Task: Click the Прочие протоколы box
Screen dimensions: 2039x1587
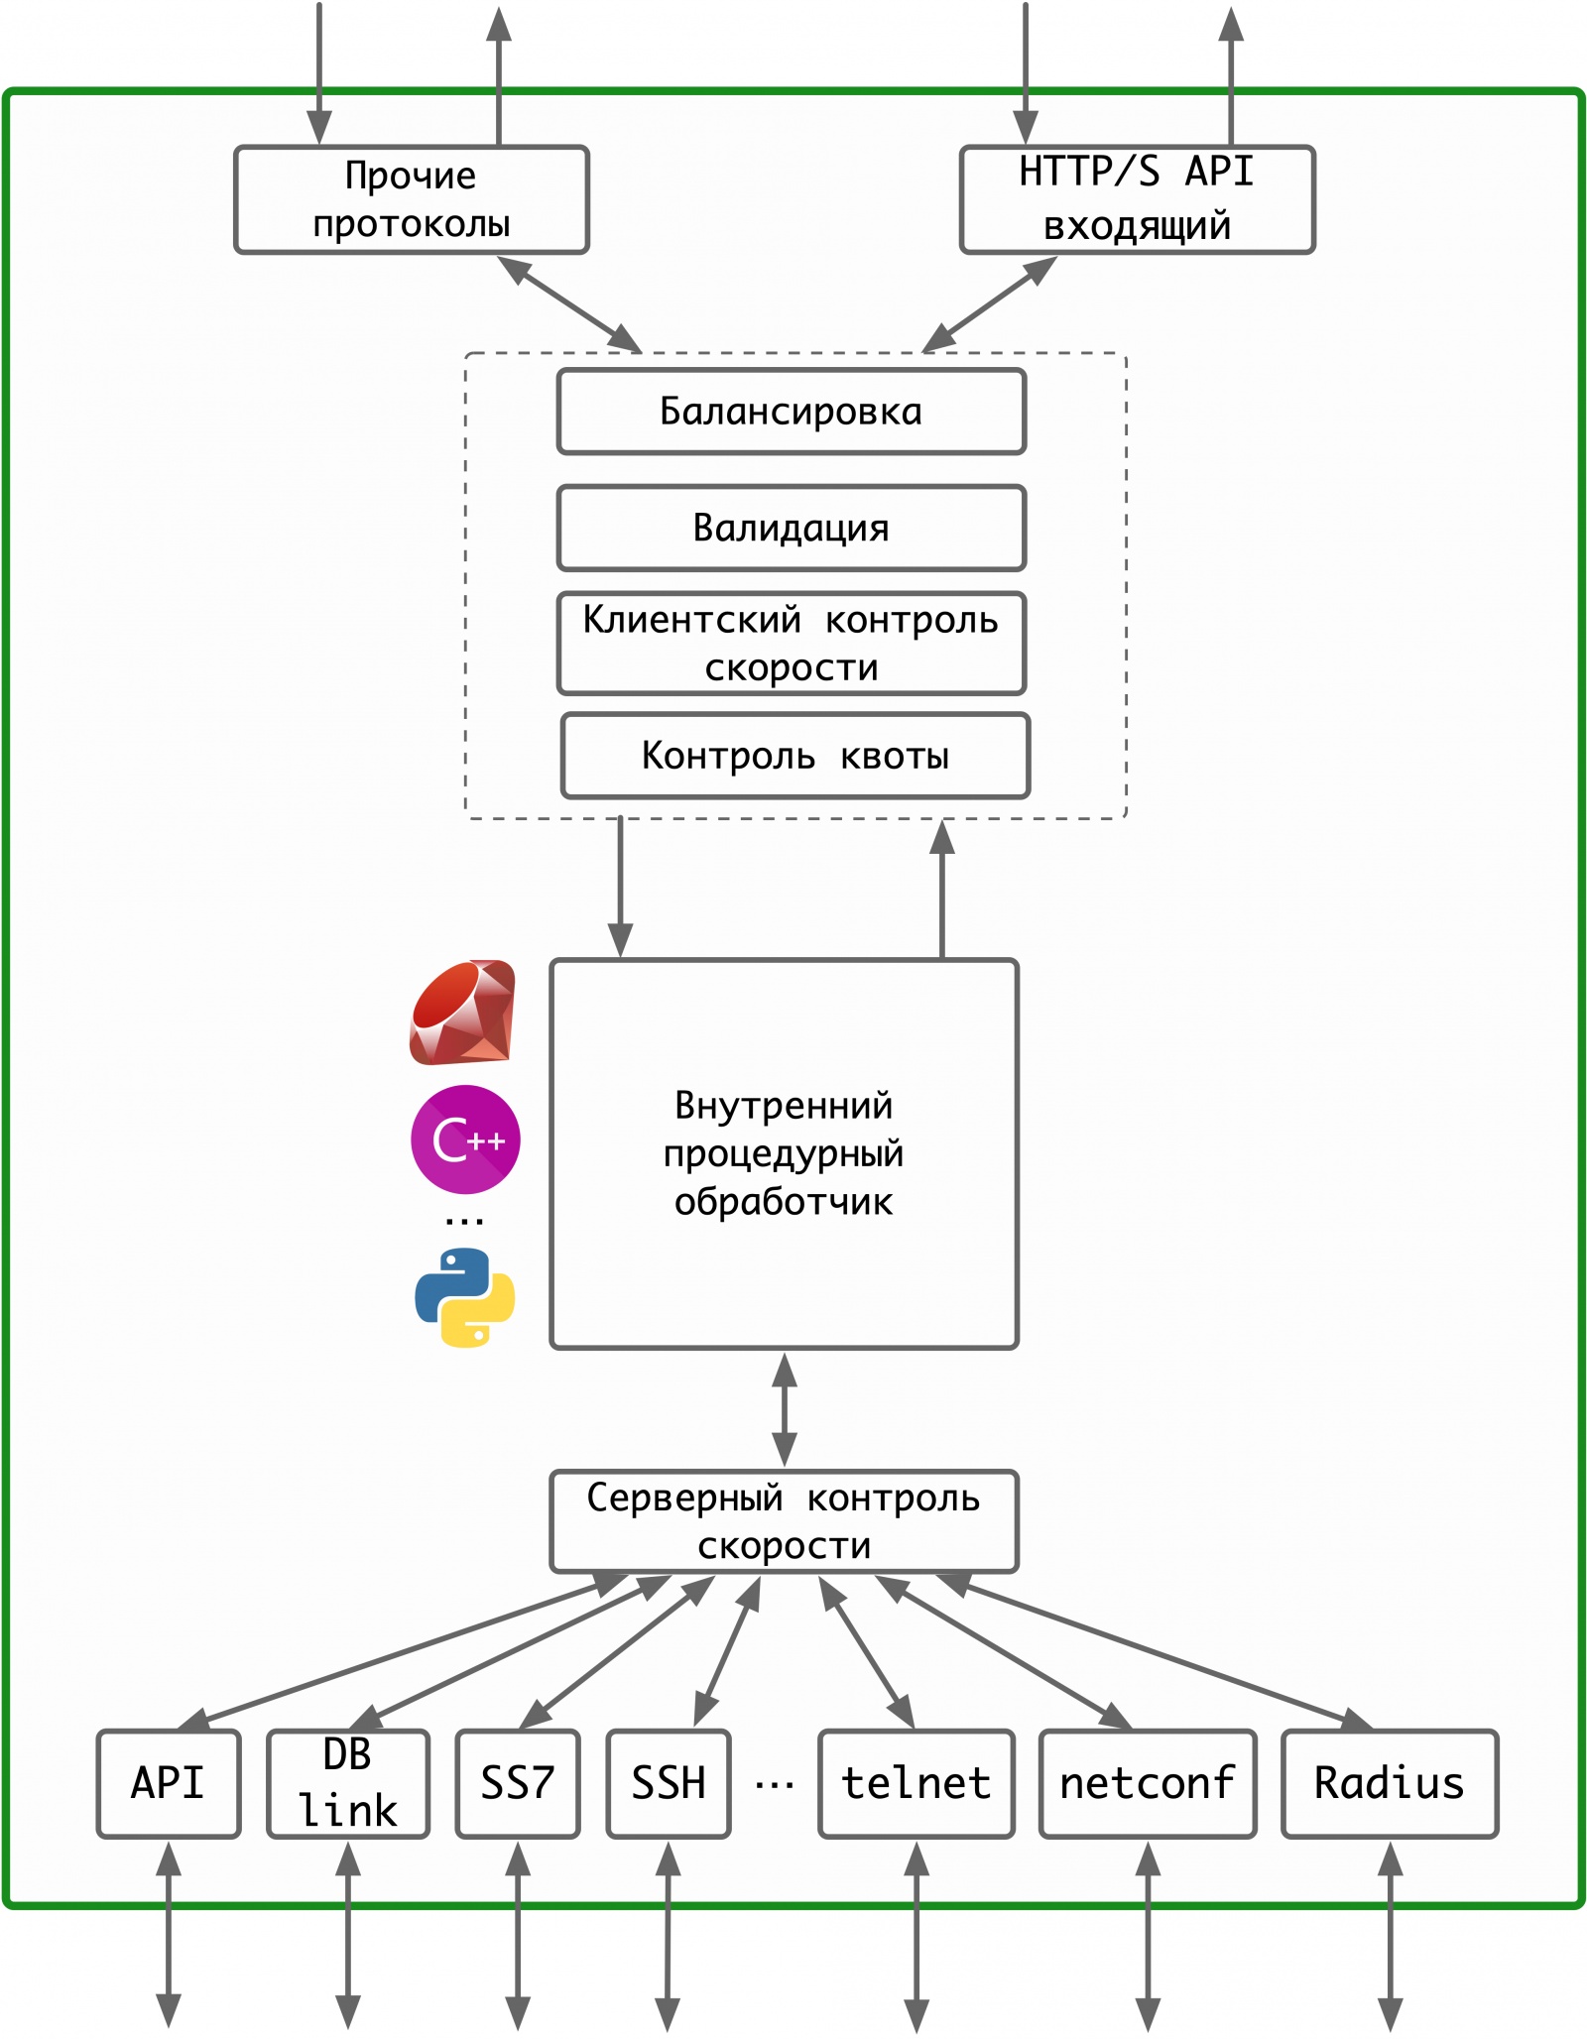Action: (411, 199)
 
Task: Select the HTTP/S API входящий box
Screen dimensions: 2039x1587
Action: (1137, 199)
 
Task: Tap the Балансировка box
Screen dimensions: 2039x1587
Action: (791, 412)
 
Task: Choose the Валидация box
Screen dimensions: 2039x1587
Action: (791, 528)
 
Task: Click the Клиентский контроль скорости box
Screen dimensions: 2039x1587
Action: (791, 644)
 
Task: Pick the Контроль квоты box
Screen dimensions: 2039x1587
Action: (794, 756)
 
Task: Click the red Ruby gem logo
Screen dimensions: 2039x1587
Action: (463, 1013)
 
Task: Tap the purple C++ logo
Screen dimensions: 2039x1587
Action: (465, 1139)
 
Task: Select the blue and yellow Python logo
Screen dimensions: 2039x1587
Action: (465, 1297)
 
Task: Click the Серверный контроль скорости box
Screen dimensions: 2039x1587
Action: (784, 1521)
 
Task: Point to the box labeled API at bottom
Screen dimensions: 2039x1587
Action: (169, 1783)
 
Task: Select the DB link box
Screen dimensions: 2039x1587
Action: (348, 1783)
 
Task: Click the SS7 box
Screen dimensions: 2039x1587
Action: (517, 1783)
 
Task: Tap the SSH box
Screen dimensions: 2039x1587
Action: (669, 1783)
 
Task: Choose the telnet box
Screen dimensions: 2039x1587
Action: (916, 1783)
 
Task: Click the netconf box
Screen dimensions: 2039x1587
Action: (1148, 1783)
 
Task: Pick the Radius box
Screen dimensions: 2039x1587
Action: (1390, 1783)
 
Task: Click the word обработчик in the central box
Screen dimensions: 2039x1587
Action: (784, 1202)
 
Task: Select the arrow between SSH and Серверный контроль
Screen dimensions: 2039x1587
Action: (727, 1651)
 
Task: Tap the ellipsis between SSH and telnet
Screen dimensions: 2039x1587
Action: (775, 1786)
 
